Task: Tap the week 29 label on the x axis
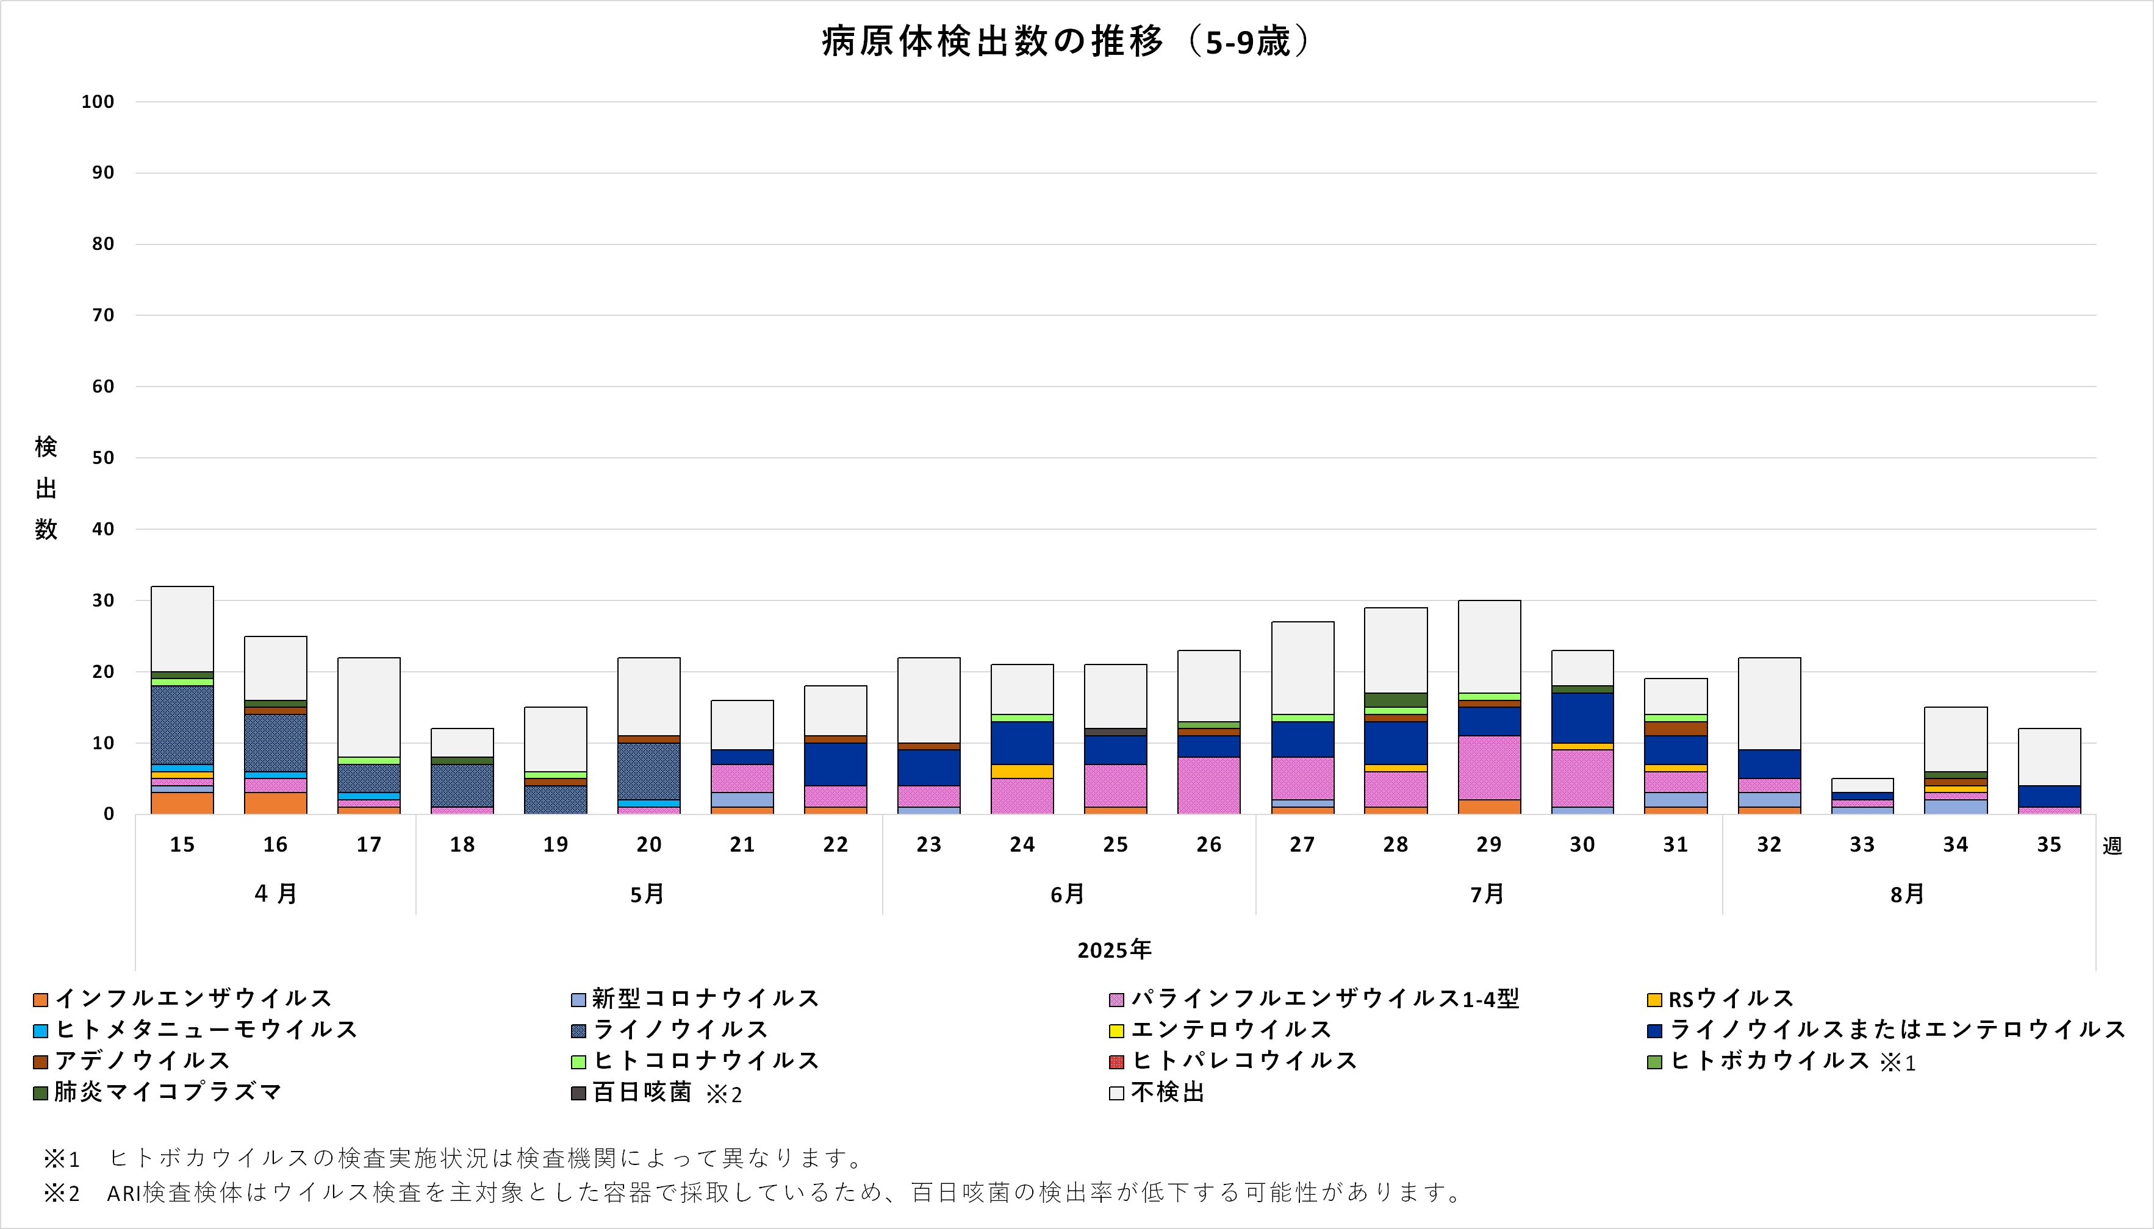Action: pos(1488,845)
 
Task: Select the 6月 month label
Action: pos(1068,894)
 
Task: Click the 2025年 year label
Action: pos(1114,950)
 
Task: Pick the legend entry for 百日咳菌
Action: pos(642,1092)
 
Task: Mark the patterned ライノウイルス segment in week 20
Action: pos(648,771)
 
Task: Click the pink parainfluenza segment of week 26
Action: pos(1208,785)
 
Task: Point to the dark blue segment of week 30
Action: pos(1582,718)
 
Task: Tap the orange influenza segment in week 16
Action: pos(275,803)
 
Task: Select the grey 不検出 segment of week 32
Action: pos(1769,703)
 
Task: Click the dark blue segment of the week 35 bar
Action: pos(2048,796)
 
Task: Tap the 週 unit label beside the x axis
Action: pos(2112,846)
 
